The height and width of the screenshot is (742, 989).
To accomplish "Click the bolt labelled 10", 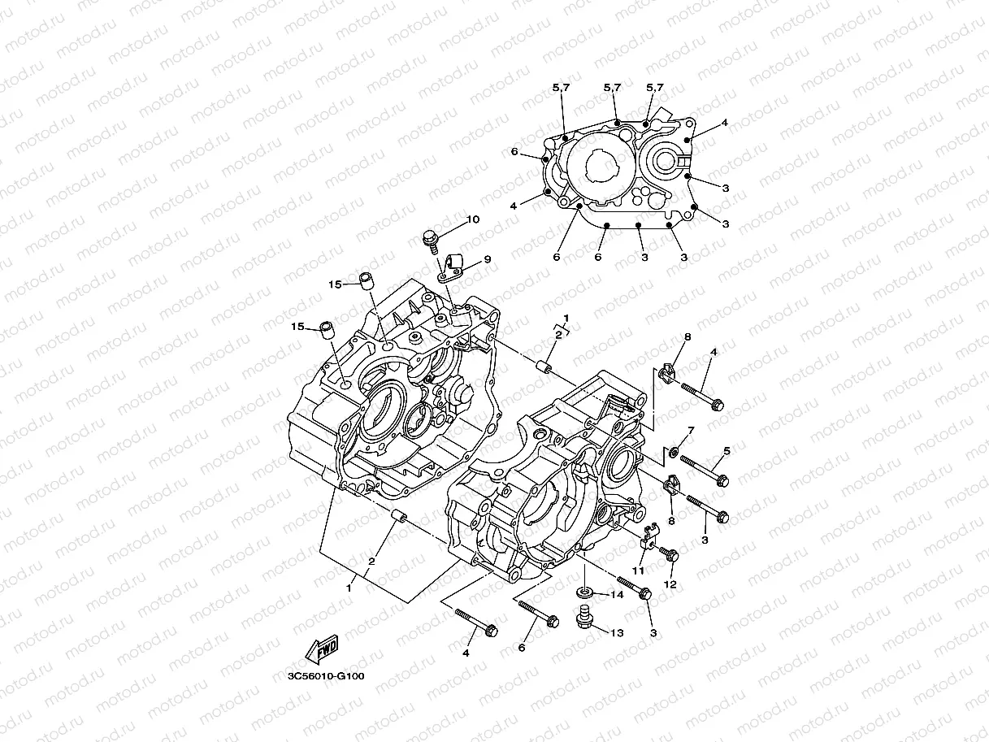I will [x=429, y=240].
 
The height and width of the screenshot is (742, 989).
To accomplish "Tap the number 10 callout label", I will [x=473, y=220].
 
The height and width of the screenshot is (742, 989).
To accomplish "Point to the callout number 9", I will [x=488, y=259].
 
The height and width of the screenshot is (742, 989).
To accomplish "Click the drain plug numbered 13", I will [x=583, y=618].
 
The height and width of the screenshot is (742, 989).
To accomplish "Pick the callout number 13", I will [x=617, y=632].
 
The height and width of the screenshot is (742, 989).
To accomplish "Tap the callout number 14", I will [x=617, y=595].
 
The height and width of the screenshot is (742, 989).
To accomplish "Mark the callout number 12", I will [x=670, y=584].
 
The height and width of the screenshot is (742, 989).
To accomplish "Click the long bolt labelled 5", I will [x=704, y=471].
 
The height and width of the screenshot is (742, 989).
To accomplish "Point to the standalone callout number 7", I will [x=691, y=430].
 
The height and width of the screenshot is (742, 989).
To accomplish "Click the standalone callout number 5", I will [x=727, y=450].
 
